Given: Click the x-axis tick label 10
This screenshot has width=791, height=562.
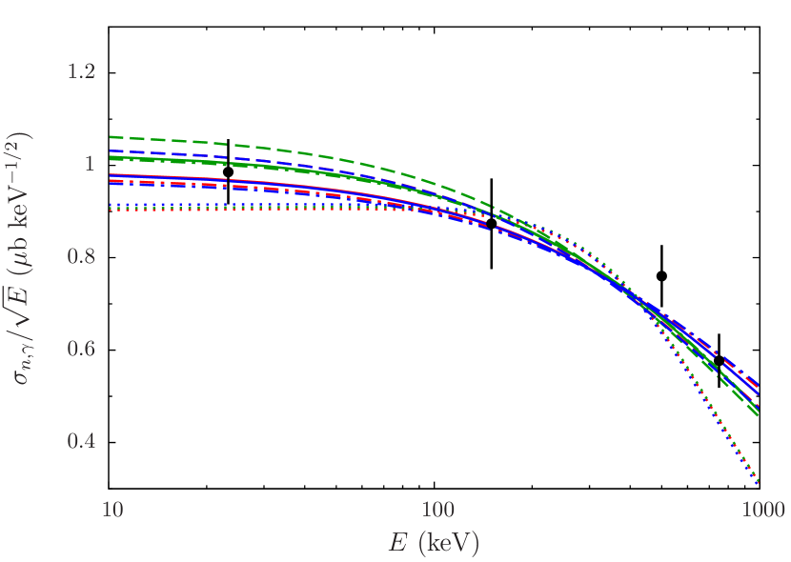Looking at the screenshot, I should point(112,510).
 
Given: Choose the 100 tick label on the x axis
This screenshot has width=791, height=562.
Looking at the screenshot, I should point(437,510).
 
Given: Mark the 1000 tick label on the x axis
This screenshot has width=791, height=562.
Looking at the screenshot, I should point(761,510).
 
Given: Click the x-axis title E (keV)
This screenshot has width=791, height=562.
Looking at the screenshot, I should point(434,544).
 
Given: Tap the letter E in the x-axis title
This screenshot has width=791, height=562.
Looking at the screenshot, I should point(398,543).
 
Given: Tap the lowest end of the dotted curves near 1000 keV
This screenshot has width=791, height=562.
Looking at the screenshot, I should point(760,483).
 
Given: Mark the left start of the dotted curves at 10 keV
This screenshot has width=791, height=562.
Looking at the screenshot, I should point(113,208).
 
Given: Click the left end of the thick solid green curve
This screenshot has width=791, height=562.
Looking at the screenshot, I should point(113,158).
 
